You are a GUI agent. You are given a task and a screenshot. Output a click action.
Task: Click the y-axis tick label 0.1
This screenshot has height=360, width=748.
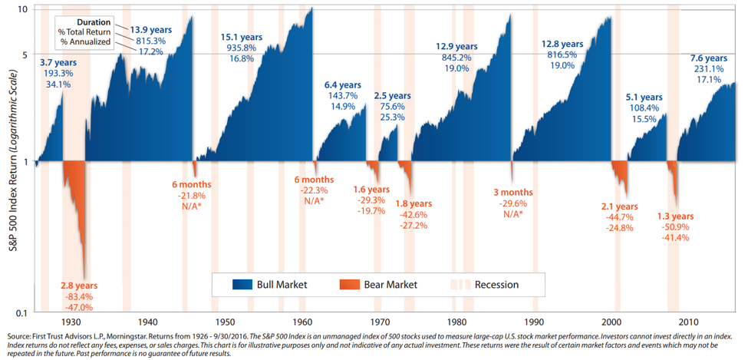21,312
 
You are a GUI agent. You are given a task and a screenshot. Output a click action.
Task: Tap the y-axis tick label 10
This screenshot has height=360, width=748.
22,8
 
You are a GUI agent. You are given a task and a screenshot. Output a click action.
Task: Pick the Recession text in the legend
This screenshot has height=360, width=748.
496,285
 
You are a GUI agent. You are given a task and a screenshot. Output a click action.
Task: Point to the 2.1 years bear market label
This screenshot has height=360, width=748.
620,206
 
